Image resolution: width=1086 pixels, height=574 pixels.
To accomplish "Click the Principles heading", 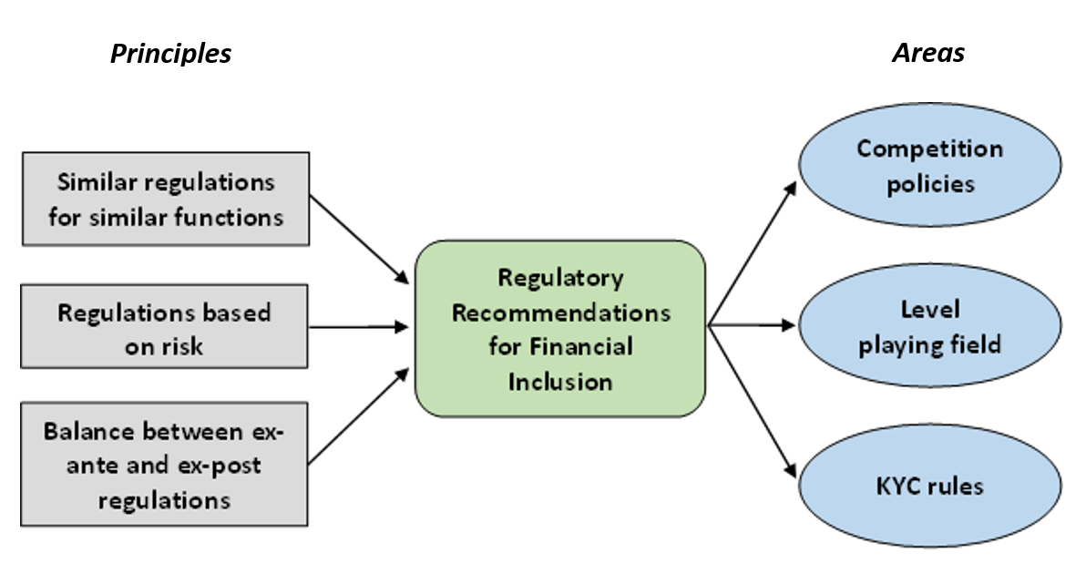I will [x=170, y=54].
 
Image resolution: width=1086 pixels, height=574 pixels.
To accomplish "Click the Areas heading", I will [x=927, y=53].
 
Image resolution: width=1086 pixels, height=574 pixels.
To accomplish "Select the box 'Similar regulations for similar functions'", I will [x=166, y=199].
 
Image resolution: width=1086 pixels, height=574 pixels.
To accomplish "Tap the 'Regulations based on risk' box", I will [x=166, y=329].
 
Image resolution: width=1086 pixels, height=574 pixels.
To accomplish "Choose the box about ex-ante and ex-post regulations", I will [x=166, y=465].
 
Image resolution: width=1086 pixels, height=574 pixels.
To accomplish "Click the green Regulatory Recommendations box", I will [x=560, y=328].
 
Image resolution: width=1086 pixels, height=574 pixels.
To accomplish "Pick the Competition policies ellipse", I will [x=929, y=165].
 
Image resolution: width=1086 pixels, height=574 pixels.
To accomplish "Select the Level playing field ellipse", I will [x=929, y=326].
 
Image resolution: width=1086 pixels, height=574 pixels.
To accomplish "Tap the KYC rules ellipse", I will [x=929, y=485].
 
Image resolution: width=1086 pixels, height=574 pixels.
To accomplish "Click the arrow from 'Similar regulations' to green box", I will [x=359, y=238].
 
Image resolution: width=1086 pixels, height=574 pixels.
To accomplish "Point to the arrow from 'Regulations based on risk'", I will [x=359, y=326].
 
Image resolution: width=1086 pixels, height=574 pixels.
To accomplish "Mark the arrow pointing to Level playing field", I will [x=753, y=324].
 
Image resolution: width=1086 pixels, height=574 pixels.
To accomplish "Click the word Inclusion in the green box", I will [x=560, y=381].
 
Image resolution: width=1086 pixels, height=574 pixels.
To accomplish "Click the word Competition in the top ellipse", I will [x=929, y=149].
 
